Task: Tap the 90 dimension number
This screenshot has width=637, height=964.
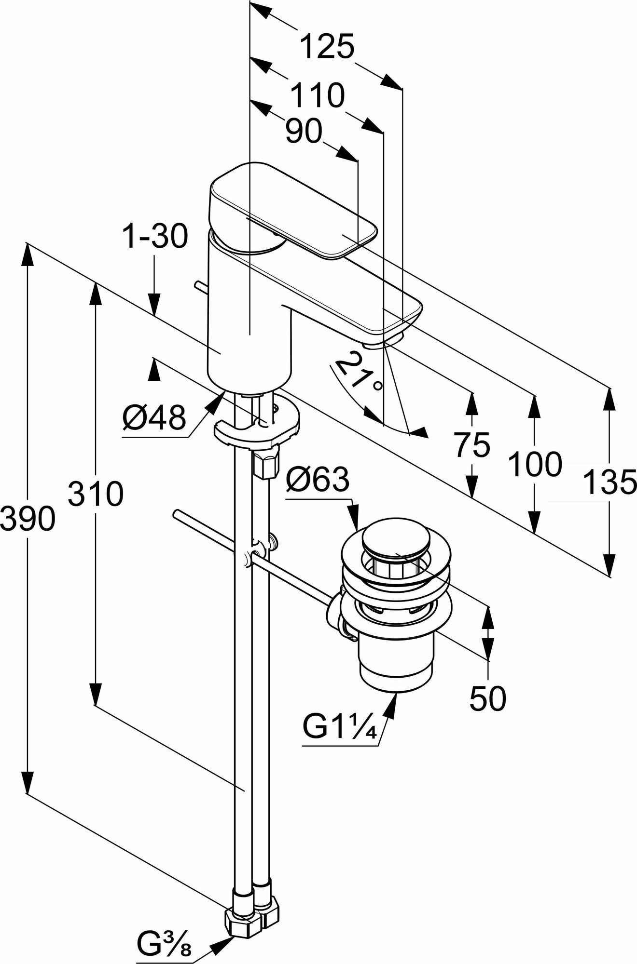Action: coord(304,131)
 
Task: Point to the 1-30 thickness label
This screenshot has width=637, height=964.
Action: coord(154,237)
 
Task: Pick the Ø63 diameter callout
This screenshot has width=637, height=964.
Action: coord(317,480)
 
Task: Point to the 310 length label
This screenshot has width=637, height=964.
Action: coord(96,494)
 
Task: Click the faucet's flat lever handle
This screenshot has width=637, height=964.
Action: coord(294,207)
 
